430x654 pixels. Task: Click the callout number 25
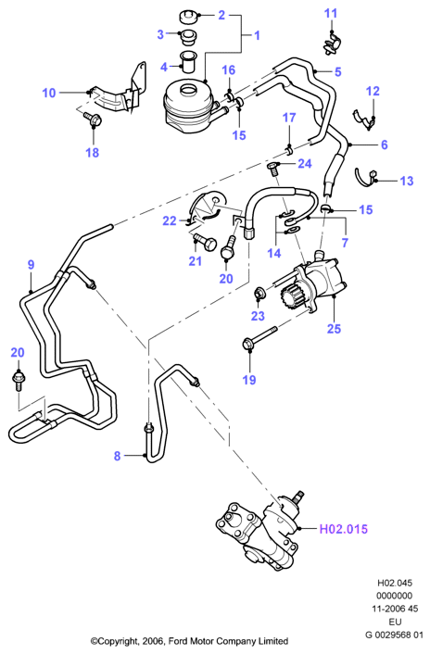click(334, 329)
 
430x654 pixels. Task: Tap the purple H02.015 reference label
click(343, 529)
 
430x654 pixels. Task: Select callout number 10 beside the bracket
click(49, 93)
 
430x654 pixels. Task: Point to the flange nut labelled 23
click(258, 294)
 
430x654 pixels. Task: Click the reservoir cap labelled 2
click(188, 18)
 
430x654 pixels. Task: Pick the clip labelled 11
click(331, 45)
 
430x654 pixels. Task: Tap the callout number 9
click(31, 264)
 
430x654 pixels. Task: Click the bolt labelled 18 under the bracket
click(93, 119)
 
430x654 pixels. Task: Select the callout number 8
click(117, 456)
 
